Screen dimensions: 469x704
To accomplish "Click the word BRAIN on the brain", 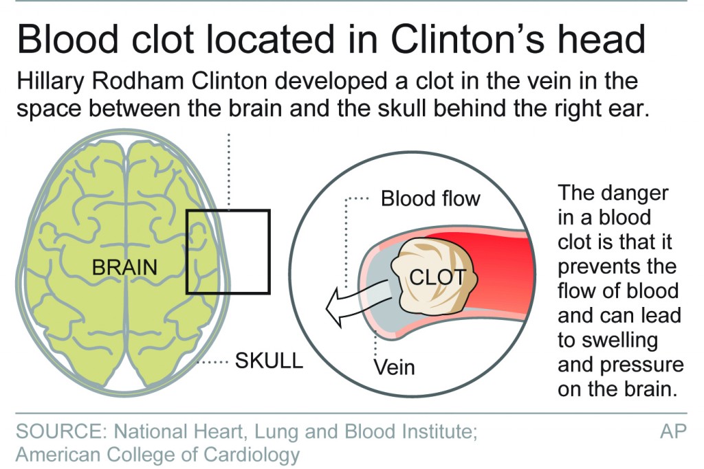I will [x=124, y=266].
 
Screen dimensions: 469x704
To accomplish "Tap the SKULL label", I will [x=269, y=361].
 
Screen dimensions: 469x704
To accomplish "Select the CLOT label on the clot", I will [x=437, y=277].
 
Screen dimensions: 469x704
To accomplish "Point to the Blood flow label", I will [x=430, y=199].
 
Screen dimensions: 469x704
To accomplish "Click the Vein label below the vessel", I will [x=394, y=367].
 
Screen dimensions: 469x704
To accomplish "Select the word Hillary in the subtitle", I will [x=52, y=82].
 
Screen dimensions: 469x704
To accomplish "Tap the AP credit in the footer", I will [x=674, y=433].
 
